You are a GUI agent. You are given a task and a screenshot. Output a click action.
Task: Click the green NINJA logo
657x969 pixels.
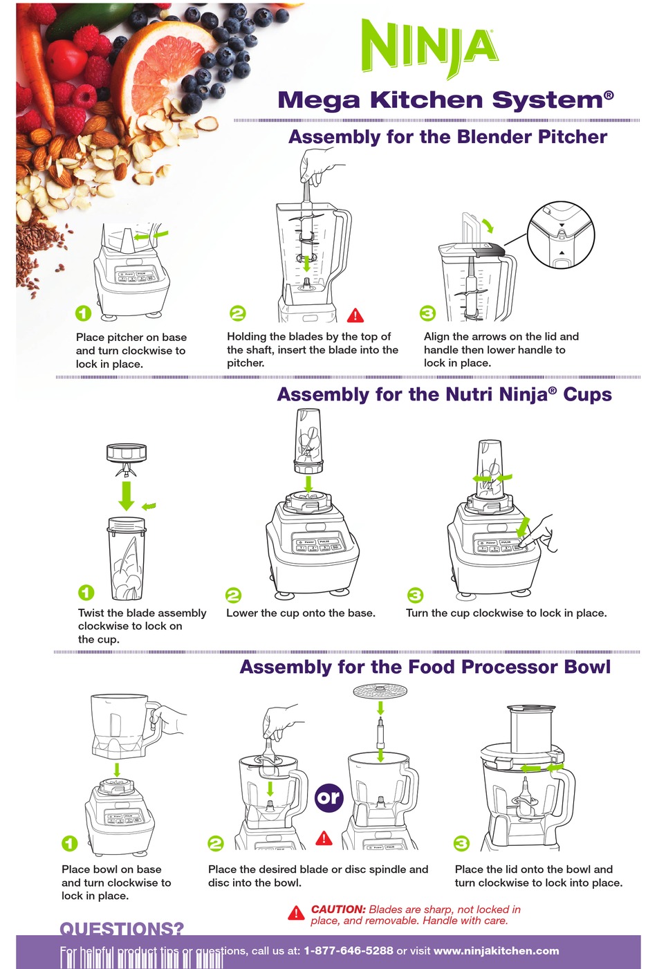[429, 47]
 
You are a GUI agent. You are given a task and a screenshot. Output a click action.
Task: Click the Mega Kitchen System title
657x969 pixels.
[445, 100]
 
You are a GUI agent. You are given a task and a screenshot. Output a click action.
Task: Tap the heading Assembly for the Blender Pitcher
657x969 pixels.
[447, 137]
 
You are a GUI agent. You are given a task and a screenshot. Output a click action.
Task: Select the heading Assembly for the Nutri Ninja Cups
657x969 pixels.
[444, 394]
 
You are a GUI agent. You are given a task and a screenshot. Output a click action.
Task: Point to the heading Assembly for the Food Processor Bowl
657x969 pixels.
[425, 667]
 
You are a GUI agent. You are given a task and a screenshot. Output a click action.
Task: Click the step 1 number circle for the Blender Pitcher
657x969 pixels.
[83, 313]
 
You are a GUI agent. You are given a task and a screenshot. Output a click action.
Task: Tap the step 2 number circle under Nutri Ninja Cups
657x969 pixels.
[234, 595]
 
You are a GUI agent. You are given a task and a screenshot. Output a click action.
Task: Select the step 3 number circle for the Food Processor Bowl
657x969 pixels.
[461, 843]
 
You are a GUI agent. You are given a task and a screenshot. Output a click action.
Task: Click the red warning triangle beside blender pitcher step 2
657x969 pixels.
[355, 315]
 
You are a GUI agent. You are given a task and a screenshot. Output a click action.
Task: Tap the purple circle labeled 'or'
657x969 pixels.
[328, 798]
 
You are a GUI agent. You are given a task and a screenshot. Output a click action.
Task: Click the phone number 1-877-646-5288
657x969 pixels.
[348, 950]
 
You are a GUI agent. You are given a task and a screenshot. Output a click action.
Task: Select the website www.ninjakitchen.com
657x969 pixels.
[496, 950]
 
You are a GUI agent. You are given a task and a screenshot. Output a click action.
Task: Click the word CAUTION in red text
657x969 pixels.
[337, 909]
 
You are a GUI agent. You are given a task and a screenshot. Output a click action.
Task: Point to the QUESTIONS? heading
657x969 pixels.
[122, 928]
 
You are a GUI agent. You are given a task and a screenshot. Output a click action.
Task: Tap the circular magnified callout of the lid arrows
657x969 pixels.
[560, 236]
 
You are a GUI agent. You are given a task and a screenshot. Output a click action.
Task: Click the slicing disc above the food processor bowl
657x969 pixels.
[380, 691]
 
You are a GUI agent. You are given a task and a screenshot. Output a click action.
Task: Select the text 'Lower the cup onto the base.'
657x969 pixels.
[301, 613]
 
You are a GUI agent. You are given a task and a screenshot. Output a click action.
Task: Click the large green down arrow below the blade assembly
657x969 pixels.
[126, 495]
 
